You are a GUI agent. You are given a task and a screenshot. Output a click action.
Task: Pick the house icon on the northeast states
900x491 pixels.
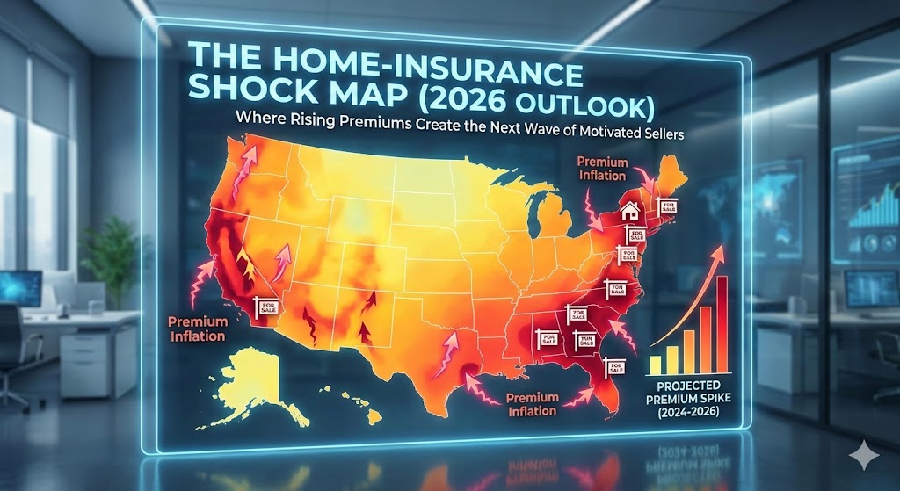[629, 211]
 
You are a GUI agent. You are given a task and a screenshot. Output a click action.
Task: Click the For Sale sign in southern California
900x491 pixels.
[265, 305]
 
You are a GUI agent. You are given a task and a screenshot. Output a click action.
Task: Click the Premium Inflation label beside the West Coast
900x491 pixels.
[197, 329]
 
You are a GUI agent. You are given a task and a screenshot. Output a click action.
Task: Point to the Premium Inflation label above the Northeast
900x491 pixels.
[604, 169]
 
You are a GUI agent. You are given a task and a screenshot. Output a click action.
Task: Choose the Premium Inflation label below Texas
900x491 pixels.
[532, 404]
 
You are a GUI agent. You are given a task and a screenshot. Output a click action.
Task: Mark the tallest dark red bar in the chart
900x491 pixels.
[722, 325]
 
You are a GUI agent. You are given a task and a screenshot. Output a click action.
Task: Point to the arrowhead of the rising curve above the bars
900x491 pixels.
[723, 249]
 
